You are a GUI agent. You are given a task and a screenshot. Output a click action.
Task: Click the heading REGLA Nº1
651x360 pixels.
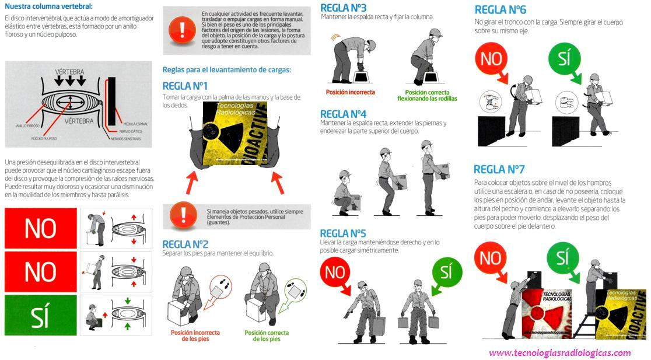coord(185,86)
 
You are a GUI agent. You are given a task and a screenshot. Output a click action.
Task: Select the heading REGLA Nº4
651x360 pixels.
coord(343,114)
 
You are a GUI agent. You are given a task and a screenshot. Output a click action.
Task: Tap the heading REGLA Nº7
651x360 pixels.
coord(499,169)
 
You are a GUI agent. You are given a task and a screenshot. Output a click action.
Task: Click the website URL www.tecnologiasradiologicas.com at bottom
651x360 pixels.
coord(559,352)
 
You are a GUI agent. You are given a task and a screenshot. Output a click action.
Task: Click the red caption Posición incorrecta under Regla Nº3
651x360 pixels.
coord(350,92)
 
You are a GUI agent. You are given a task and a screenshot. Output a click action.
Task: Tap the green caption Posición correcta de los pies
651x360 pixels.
coord(266,335)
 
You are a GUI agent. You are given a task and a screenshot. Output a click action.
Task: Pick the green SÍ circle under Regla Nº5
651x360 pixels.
coord(445,272)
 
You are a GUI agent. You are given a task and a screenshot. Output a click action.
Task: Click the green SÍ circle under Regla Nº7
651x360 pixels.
coord(562,257)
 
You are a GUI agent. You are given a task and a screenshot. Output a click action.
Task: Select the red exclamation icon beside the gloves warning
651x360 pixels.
coord(183,215)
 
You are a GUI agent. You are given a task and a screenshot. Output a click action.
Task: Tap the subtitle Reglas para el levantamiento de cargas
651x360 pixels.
coord(226,70)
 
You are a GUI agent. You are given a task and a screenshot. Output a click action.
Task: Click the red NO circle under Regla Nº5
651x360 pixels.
coord(335,272)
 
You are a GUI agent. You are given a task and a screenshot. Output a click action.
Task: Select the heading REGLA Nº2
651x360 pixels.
coord(185,244)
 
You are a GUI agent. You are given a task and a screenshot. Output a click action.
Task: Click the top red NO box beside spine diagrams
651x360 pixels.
coord(40,228)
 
